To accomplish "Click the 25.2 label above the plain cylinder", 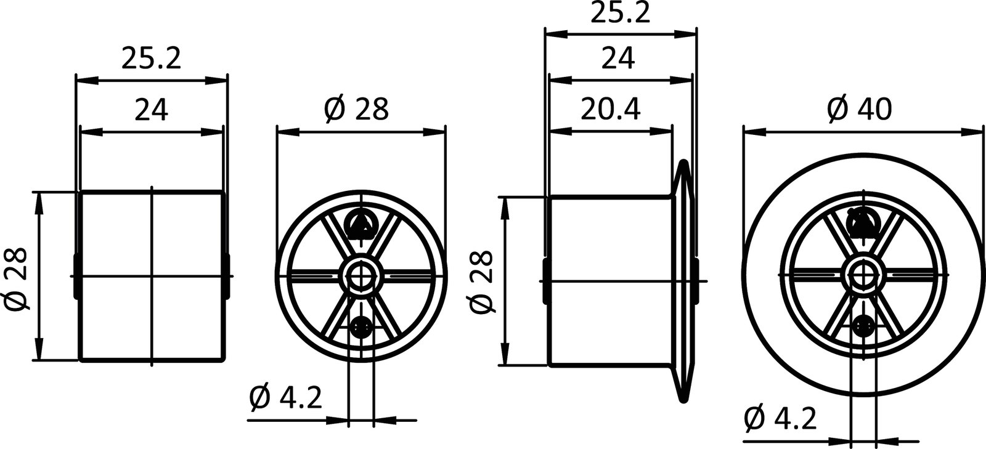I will pyautogui.click(x=151, y=58).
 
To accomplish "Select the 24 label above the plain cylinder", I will pyautogui.click(x=151, y=110).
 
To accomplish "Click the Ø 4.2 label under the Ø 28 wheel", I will pyautogui.click(x=285, y=398).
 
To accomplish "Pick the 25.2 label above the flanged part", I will pyautogui.click(x=620, y=13).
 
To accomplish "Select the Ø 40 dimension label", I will pyautogui.click(x=859, y=110).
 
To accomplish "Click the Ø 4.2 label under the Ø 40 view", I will pyautogui.click(x=780, y=419).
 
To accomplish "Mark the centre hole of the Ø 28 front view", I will pyautogui.click(x=361, y=274).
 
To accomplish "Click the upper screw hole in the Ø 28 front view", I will pyautogui.click(x=361, y=223).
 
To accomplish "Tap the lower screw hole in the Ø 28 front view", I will pyautogui.click(x=361, y=326).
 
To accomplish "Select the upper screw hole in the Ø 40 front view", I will pyautogui.click(x=863, y=222).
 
